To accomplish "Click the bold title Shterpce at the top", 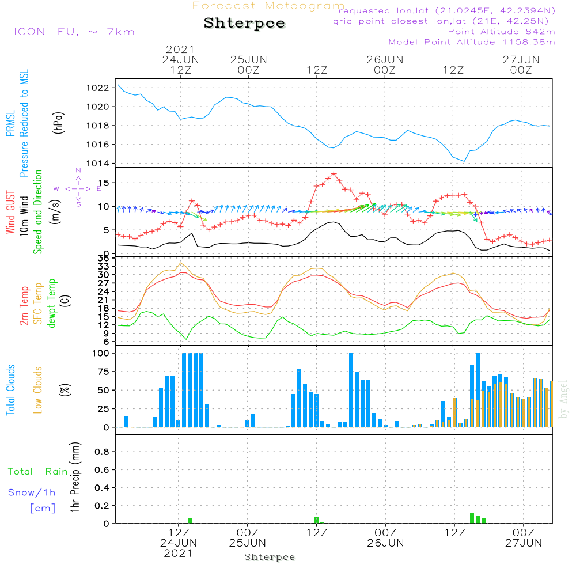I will point(244,24).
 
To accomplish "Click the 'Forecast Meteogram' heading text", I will point(268,6).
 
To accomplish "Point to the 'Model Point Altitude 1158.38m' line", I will point(472,42).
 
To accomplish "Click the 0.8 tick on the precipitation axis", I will point(102,452).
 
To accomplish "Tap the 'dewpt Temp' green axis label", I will point(52,304).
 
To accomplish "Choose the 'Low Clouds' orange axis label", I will point(38,390).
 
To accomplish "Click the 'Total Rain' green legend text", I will point(37,472).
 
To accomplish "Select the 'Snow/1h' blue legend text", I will point(32,492).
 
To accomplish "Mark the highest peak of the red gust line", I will point(334,173).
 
